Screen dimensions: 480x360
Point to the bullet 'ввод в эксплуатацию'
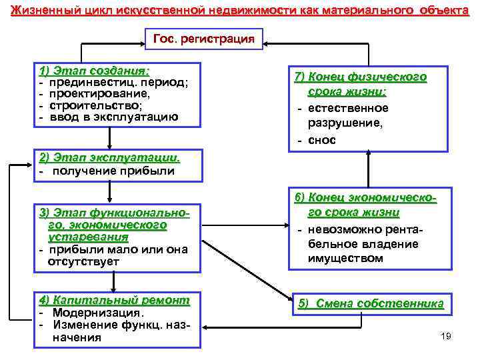(x=114, y=117)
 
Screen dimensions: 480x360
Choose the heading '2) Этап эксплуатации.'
(x=109, y=158)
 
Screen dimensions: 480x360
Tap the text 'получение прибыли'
(x=113, y=171)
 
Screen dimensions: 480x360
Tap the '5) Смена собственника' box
(x=371, y=303)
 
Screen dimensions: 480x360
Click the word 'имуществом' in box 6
(x=345, y=258)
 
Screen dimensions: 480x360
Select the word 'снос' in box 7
(x=322, y=139)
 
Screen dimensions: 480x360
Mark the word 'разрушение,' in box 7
(x=345, y=123)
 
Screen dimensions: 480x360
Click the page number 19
(x=446, y=335)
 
